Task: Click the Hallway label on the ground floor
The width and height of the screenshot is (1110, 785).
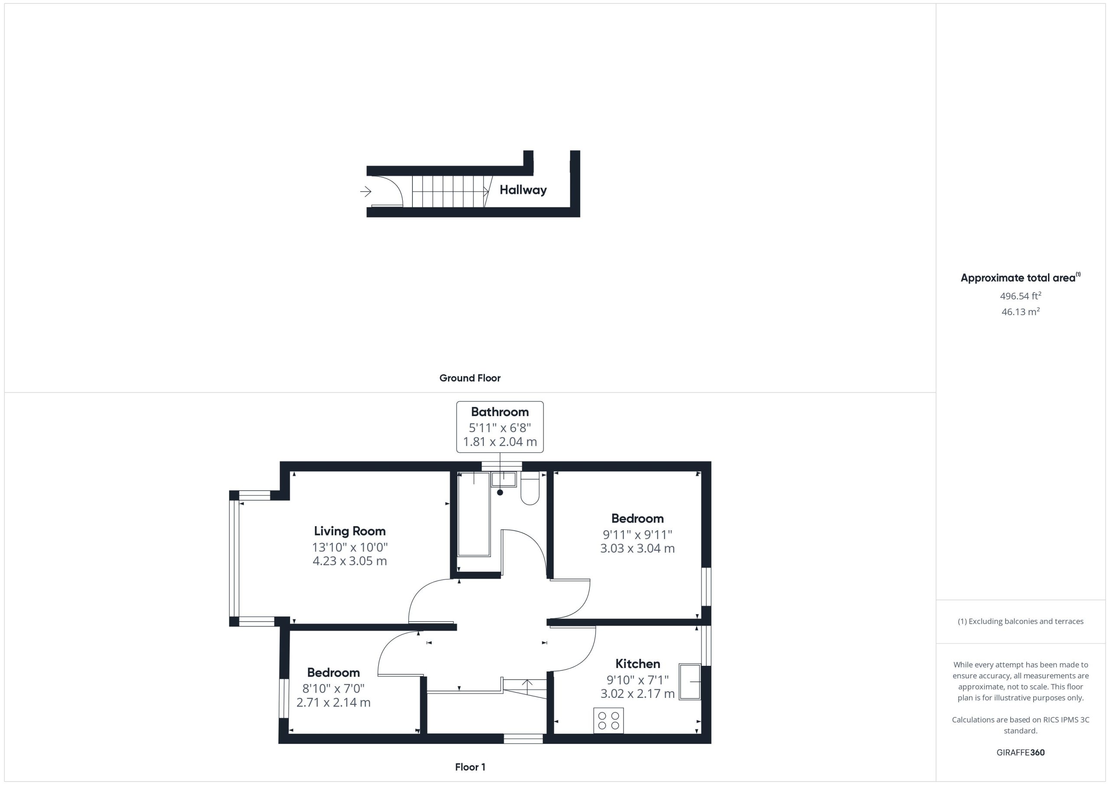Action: [523, 190]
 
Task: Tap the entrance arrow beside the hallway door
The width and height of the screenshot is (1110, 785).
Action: [366, 192]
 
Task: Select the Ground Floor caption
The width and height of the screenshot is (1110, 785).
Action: [470, 378]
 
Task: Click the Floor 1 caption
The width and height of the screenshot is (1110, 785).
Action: [470, 767]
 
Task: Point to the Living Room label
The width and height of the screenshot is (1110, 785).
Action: [349, 531]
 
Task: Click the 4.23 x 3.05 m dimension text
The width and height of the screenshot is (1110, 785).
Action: [349, 561]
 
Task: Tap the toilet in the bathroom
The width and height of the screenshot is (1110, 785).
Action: [530, 488]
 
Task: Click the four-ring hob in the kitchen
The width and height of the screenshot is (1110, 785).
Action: [608, 721]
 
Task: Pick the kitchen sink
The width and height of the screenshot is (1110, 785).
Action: [690, 681]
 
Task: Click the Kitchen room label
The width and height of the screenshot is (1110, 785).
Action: [637, 664]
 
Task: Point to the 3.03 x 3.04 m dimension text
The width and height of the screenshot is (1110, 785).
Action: [637, 548]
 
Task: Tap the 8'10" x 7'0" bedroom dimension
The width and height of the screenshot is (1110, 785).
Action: [333, 688]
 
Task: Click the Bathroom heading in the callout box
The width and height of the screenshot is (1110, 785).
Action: [500, 412]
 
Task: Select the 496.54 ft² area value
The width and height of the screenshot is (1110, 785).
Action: [1021, 296]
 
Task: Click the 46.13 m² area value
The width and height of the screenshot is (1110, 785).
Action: [1021, 312]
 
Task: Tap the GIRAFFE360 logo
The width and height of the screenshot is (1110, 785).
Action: [1021, 752]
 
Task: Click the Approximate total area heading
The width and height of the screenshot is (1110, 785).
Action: [1020, 277]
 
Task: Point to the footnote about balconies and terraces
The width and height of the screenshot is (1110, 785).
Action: [1021, 621]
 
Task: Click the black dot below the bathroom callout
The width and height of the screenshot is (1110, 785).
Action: [500, 492]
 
